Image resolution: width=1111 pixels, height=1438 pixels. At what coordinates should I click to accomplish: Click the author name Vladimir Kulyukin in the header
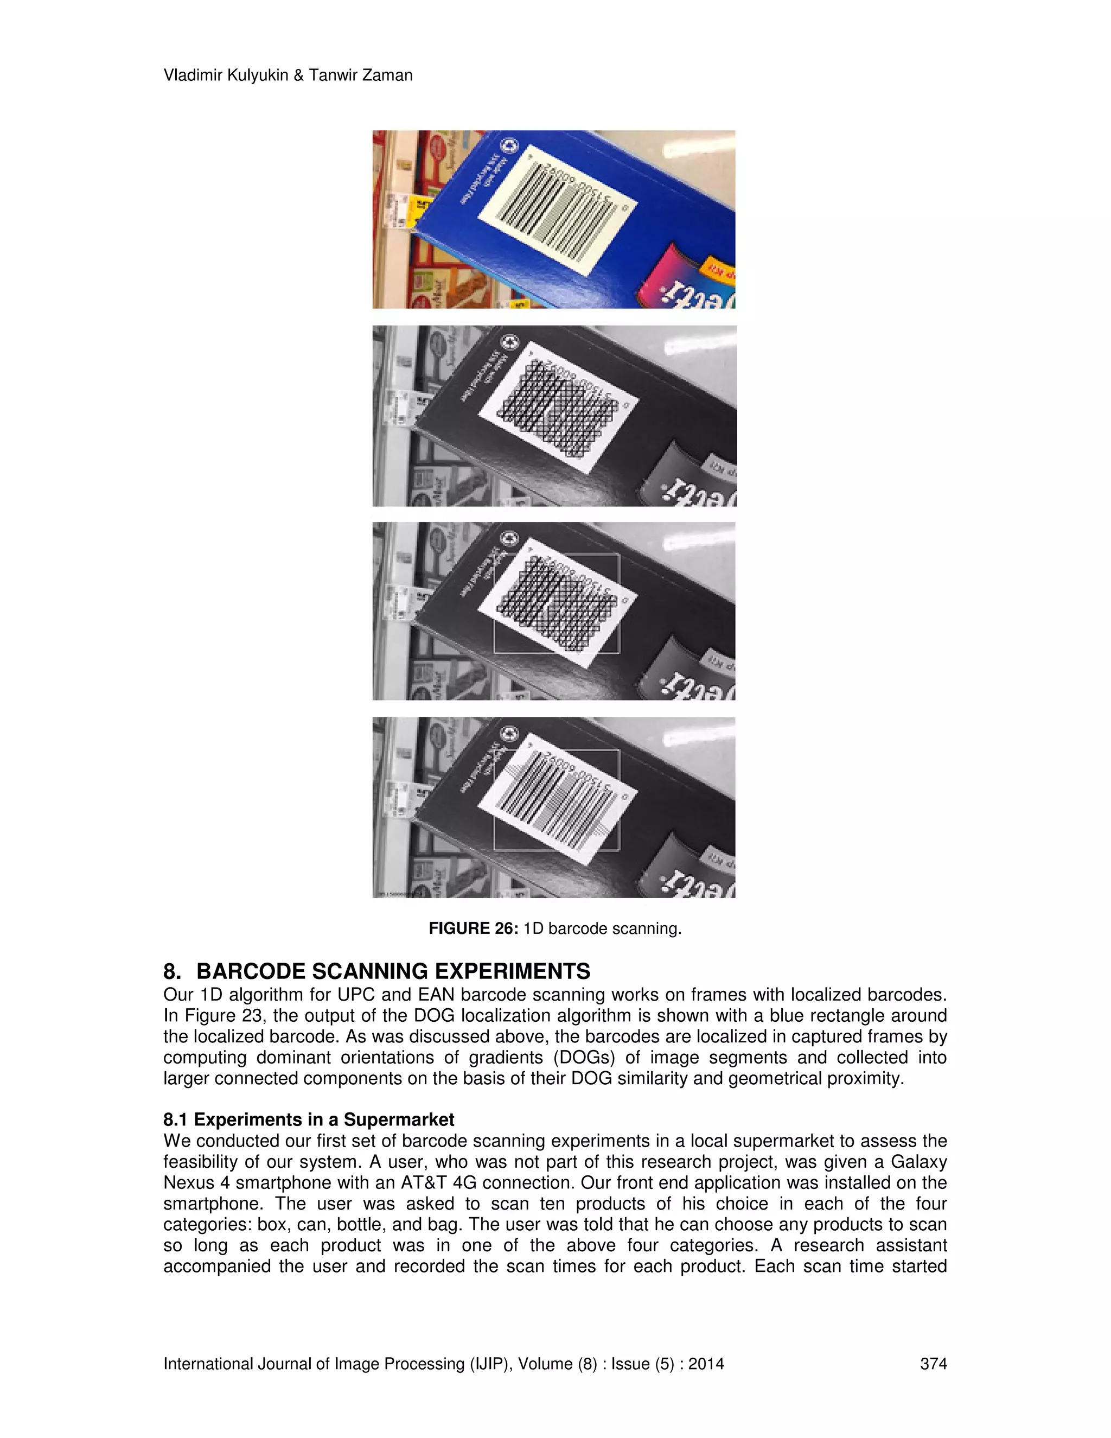(x=226, y=76)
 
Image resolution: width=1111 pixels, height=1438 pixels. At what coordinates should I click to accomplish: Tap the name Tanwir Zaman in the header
(x=361, y=76)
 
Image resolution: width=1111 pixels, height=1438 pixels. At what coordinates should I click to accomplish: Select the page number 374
(x=933, y=1364)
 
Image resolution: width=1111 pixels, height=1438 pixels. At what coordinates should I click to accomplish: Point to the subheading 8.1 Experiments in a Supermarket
(x=309, y=1119)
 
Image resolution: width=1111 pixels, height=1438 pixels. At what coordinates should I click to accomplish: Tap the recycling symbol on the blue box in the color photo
(x=509, y=146)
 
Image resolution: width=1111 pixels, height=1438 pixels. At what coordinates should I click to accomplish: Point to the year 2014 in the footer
(x=706, y=1364)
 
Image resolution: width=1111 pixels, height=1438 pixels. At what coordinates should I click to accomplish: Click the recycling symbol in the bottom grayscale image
(x=509, y=733)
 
